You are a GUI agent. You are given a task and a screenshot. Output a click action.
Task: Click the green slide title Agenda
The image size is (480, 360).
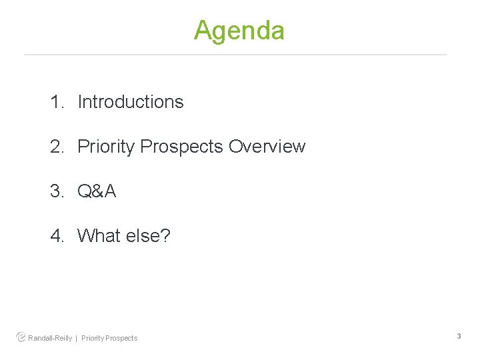[x=239, y=31]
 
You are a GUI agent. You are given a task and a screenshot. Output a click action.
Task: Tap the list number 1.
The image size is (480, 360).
[x=57, y=102]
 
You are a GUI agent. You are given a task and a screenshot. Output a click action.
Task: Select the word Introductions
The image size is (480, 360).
[x=131, y=102]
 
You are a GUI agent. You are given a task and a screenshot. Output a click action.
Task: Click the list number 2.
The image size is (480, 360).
[x=57, y=147]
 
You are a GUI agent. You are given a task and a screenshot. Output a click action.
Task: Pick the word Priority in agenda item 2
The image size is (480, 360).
[x=107, y=147]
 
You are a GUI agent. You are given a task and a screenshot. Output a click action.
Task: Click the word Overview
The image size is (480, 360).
[x=267, y=147]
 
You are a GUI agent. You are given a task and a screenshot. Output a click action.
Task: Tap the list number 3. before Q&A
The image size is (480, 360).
[x=57, y=191]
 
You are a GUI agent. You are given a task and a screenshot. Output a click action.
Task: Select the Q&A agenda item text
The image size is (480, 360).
[x=97, y=191]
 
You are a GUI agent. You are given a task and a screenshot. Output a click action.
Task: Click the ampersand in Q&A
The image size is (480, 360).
[x=97, y=191]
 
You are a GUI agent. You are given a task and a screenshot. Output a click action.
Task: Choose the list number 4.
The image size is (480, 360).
[x=57, y=236]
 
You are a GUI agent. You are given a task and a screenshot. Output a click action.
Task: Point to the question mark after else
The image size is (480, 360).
[x=165, y=236]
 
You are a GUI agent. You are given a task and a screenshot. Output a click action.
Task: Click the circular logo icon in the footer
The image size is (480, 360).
[x=21, y=337]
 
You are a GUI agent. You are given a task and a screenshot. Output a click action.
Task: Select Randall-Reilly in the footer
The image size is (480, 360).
[x=50, y=338]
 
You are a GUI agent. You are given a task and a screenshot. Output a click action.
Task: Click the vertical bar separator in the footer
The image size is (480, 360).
[x=76, y=338]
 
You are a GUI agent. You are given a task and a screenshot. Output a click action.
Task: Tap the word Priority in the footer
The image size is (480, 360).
[x=93, y=338]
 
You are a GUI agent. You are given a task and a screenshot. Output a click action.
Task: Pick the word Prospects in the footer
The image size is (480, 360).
[x=122, y=338]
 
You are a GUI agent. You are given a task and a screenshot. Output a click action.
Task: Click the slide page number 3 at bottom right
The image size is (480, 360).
[x=459, y=337]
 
